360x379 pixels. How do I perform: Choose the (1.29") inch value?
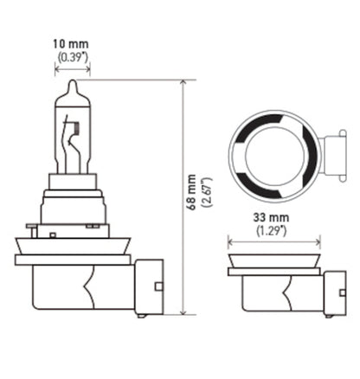click(x=273, y=232)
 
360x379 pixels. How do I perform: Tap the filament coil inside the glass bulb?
click(x=74, y=131)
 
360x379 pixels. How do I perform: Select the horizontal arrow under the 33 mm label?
click(x=273, y=243)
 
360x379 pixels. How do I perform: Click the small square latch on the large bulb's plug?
click(x=157, y=286)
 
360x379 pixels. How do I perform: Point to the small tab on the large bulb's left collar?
click(x=32, y=229)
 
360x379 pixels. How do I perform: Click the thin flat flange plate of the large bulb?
click(x=73, y=259)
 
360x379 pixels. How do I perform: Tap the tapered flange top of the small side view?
click(x=273, y=260)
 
